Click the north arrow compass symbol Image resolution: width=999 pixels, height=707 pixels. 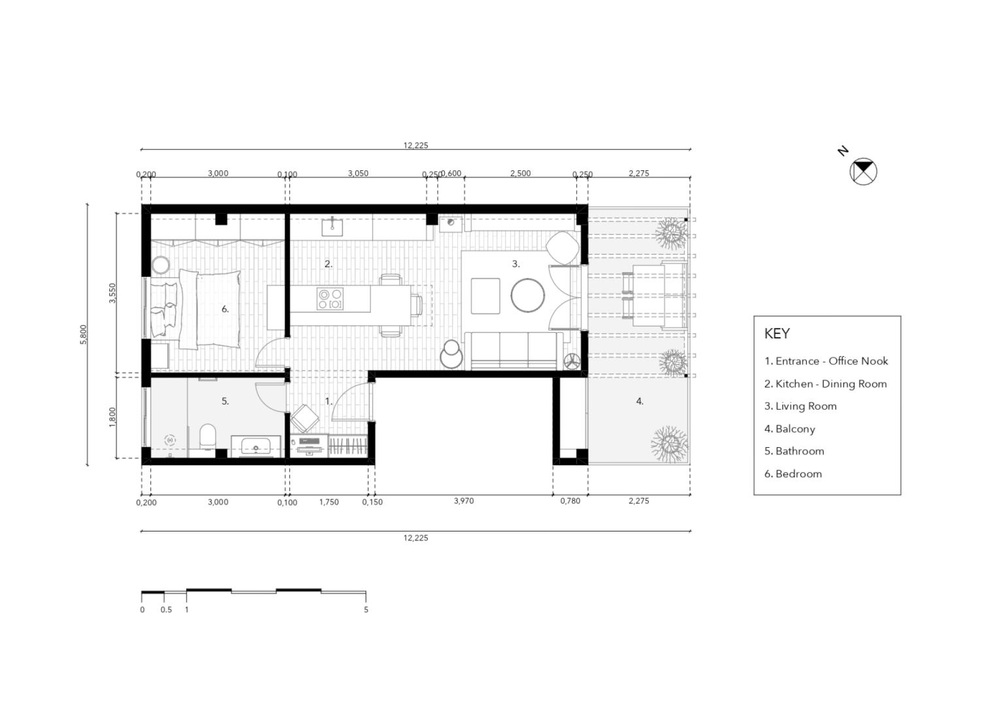pyautogui.click(x=863, y=172)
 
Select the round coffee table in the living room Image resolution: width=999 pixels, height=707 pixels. pyautogui.click(x=527, y=295)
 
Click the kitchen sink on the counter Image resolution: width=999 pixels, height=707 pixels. pyautogui.click(x=332, y=227)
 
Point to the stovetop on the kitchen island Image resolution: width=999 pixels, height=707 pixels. pyautogui.click(x=330, y=299)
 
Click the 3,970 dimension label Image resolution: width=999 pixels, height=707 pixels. pyautogui.click(x=464, y=501)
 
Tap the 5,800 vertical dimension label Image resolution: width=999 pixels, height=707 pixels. pyautogui.click(x=83, y=335)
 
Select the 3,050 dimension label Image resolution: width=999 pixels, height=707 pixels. pyautogui.click(x=358, y=173)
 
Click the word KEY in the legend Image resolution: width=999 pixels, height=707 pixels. pyautogui.click(x=777, y=333)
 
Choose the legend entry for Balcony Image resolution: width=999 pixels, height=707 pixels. pyautogui.click(x=790, y=429)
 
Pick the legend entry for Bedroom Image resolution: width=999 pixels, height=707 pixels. pyautogui.click(x=793, y=474)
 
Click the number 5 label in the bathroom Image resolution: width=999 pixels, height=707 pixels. pyautogui.click(x=225, y=401)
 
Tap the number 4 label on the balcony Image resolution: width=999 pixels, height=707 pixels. pyautogui.click(x=640, y=401)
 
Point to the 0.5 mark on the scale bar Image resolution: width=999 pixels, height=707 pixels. pyautogui.click(x=166, y=609)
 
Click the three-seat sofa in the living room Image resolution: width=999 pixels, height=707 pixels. pyautogui.click(x=514, y=351)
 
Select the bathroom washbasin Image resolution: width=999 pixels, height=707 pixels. pyautogui.click(x=256, y=446)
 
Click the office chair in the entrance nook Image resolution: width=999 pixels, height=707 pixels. pyautogui.click(x=305, y=419)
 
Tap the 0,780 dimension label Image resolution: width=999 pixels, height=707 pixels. pyautogui.click(x=570, y=501)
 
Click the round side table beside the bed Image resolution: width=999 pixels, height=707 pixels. pyautogui.click(x=160, y=265)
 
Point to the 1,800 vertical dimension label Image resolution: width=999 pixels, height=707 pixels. pyautogui.click(x=113, y=417)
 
